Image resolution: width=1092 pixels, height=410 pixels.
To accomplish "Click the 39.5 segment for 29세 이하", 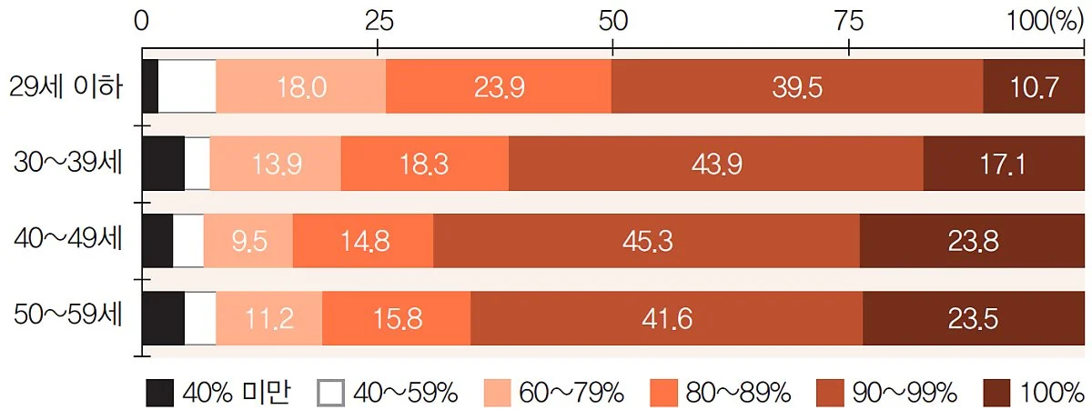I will click(x=796, y=87).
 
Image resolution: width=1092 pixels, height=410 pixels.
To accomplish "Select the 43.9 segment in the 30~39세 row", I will click(x=715, y=165).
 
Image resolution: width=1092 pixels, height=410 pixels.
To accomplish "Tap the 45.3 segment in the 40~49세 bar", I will click(x=646, y=242).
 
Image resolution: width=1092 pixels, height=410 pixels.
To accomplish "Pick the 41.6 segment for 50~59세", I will click(x=666, y=319).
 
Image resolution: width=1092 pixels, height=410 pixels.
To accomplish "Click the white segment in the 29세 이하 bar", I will click(x=187, y=87).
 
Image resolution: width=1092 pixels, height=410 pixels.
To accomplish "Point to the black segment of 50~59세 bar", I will click(x=164, y=319).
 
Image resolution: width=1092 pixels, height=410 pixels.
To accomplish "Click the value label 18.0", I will click(x=301, y=87).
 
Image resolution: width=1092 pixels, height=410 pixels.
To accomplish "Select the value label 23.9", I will click(x=499, y=87).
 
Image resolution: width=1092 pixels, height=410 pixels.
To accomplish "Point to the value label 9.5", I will click(x=248, y=242).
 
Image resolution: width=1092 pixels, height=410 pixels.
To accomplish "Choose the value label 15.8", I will click(x=396, y=319).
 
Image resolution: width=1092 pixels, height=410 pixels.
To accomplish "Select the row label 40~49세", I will click(x=69, y=240).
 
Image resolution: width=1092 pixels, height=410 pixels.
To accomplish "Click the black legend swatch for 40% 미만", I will click(x=159, y=392).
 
